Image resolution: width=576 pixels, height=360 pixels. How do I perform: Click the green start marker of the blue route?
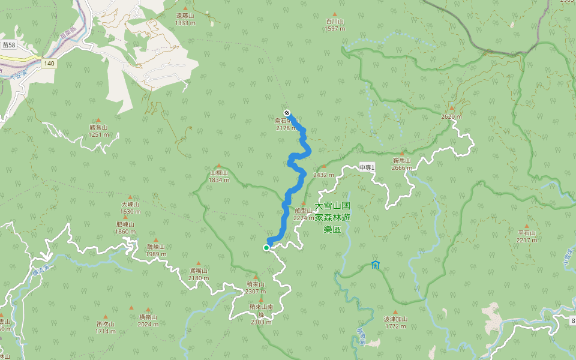pyautogui.click(x=266, y=247)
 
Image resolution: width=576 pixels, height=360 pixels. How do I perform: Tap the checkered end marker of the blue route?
pyautogui.click(x=287, y=113)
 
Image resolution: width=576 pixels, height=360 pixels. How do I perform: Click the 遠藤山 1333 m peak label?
pyautogui.click(x=185, y=20)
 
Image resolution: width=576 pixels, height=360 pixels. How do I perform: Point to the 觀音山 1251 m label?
pyautogui.click(x=98, y=130)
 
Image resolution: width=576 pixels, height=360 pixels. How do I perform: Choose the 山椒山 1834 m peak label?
pyautogui.click(x=219, y=176)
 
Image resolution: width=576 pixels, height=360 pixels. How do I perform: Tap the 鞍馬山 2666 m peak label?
pyautogui.click(x=401, y=164)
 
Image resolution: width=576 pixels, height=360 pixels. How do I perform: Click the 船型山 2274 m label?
pyautogui.click(x=303, y=214)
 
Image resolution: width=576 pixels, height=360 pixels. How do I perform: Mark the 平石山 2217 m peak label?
pyautogui.click(x=527, y=236)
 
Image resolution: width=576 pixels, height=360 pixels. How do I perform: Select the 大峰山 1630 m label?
pyautogui.click(x=130, y=208)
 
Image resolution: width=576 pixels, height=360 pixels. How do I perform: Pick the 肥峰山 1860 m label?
pyautogui.click(x=126, y=227)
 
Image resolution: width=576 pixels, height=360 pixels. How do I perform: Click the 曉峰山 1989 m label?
pyautogui.click(x=155, y=250)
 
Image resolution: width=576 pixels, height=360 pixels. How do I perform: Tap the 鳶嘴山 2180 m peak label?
pyautogui.click(x=199, y=274)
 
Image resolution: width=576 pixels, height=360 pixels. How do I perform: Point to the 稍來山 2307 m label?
pyautogui.click(x=255, y=287)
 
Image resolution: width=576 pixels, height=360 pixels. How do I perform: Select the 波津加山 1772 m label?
pyautogui.click(x=395, y=322)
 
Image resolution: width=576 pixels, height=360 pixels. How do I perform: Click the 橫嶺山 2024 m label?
pyautogui.click(x=148, y=320)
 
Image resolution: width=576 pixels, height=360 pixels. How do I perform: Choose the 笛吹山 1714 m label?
pyautogui.click(x=105, y=327)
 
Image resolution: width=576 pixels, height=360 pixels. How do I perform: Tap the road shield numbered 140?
pyautogui.click(x=49, y=63)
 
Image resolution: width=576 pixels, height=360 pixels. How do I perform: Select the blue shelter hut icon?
pyautogui.click(x=376, y=265)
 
